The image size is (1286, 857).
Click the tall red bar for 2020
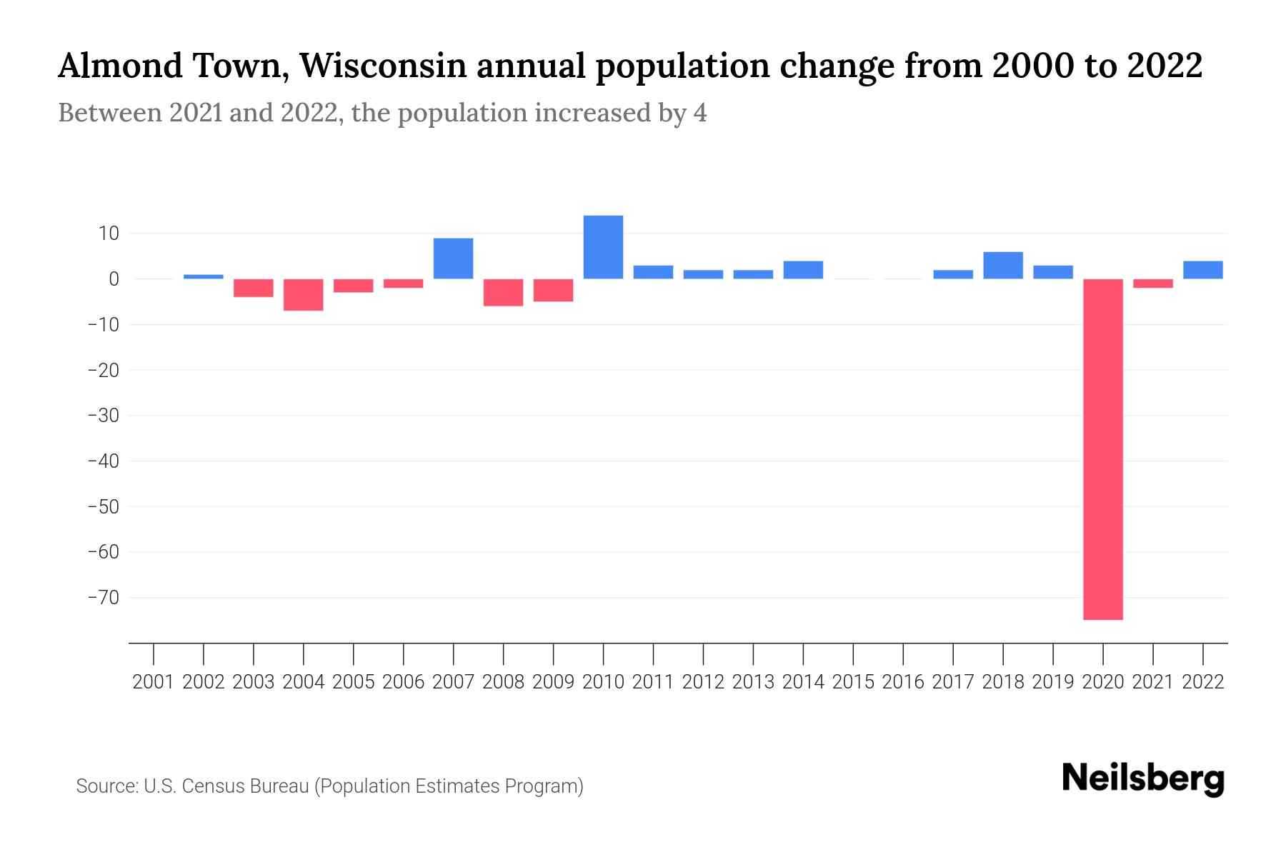coord(1103,448)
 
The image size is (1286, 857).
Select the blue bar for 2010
coord(603,247)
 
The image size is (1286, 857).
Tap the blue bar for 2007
coord(453,259)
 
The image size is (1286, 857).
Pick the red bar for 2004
coord(303,294)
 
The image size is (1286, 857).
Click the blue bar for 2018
coord(1003,265)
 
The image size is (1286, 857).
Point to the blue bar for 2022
coord(1203,270)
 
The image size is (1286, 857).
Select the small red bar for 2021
coord(1153,284)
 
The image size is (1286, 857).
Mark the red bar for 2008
coord(503,292)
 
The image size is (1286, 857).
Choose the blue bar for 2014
coord(803,270)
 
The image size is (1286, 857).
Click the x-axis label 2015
coord(853,682)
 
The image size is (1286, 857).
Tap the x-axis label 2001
coord(154,682)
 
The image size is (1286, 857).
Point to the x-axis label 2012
coord(703,682)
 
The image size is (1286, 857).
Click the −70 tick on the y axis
coord(103,597)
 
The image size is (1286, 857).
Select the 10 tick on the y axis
coord(109,234)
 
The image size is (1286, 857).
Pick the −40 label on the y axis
coord(103,461)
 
